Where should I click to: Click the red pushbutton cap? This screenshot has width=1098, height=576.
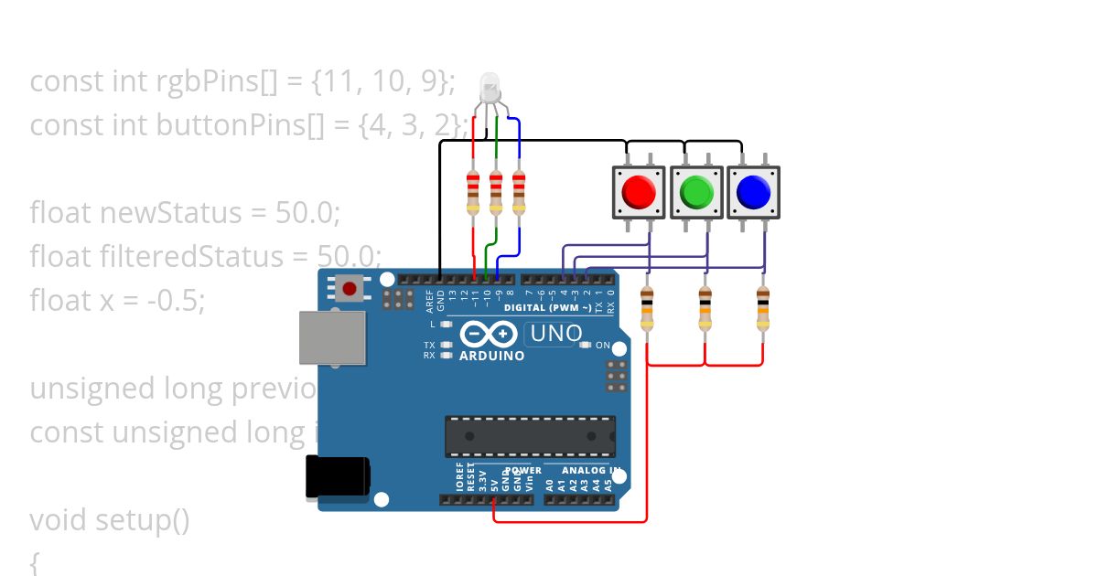click(x=639, y=192)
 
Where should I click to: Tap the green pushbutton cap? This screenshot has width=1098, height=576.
click(x=697, y=192)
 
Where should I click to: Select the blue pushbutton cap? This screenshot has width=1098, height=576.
click(x=753, y=192)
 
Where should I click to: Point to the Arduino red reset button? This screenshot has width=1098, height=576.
click(x=349, y=289)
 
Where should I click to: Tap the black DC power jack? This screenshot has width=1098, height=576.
click(x=337, y=477)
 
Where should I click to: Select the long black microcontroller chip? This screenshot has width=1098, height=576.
click(x=530, y=436)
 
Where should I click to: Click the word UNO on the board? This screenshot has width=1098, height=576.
click(x=556, y=334)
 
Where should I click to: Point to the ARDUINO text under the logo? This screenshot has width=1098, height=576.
click(x=492, y=356)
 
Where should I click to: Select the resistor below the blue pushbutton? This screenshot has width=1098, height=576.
click(x=763, y=307)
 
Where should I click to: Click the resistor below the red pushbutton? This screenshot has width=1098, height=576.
click(x=647, y=307)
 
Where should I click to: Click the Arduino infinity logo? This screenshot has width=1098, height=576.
click(x=483, y=334)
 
